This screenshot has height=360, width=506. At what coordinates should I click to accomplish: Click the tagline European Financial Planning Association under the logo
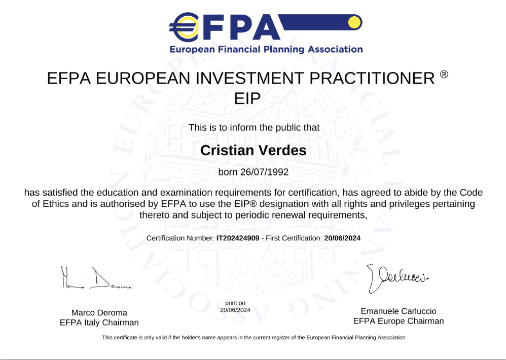click(266, 50)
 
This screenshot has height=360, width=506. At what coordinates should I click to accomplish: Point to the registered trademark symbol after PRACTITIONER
click(444, 75)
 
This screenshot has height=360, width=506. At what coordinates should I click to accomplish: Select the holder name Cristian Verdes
click(254, 151)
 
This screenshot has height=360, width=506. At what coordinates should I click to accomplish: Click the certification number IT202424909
click(238, 238)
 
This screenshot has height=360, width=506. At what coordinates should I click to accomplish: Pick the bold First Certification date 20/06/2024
click(342, 238)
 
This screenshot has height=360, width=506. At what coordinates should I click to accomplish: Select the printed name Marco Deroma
click(99, 312)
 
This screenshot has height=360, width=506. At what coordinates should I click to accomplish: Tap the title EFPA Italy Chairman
click(99, 322)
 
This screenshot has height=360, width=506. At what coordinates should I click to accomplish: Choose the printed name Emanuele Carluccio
click(399, 311)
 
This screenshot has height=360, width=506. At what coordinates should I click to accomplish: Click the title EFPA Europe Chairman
click(399, 321)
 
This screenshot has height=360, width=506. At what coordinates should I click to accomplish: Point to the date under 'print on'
click(235, 309)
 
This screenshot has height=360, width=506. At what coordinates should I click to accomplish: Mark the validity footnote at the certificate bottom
click(254, 338)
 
